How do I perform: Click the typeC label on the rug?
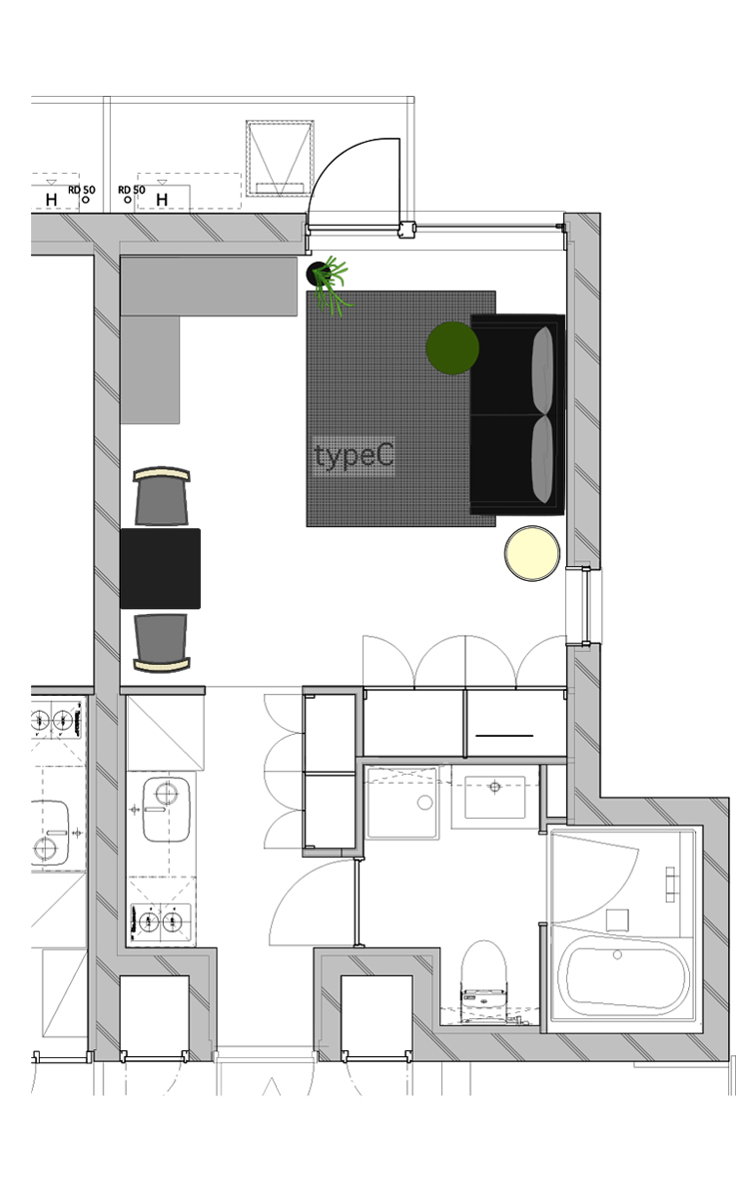pyautogui.click(x=354, y=456)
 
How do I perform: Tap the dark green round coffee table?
pyautogui.click(x=452, y=348)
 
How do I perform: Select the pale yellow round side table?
pyautogui.click(x=532, y=553)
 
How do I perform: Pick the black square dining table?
pyautogui.click(x=160, y=568)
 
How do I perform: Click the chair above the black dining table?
pyautogui.click(x=161, y=496)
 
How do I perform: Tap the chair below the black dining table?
pyautogui.click(x=161, y=641)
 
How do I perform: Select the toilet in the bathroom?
pyautogui.click(x=485, y=973)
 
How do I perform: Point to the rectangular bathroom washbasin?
pyautogui.click(x=494, y=797)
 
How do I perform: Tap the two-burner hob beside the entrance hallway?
pyautogui.click(x=161, y=920)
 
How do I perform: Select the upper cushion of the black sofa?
pyautogui.click(x=543, y=369)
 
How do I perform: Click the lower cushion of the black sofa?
pyautogui.click(x=543, y=459)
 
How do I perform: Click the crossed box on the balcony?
pyautogui.click(x=280, y=157)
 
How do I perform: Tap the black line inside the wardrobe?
pyautogui.click(x=503, y=735)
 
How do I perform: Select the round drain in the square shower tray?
pyautogui.click(x=424, y=803)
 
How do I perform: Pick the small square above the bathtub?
pyautogui.click(x=617, y=919)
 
